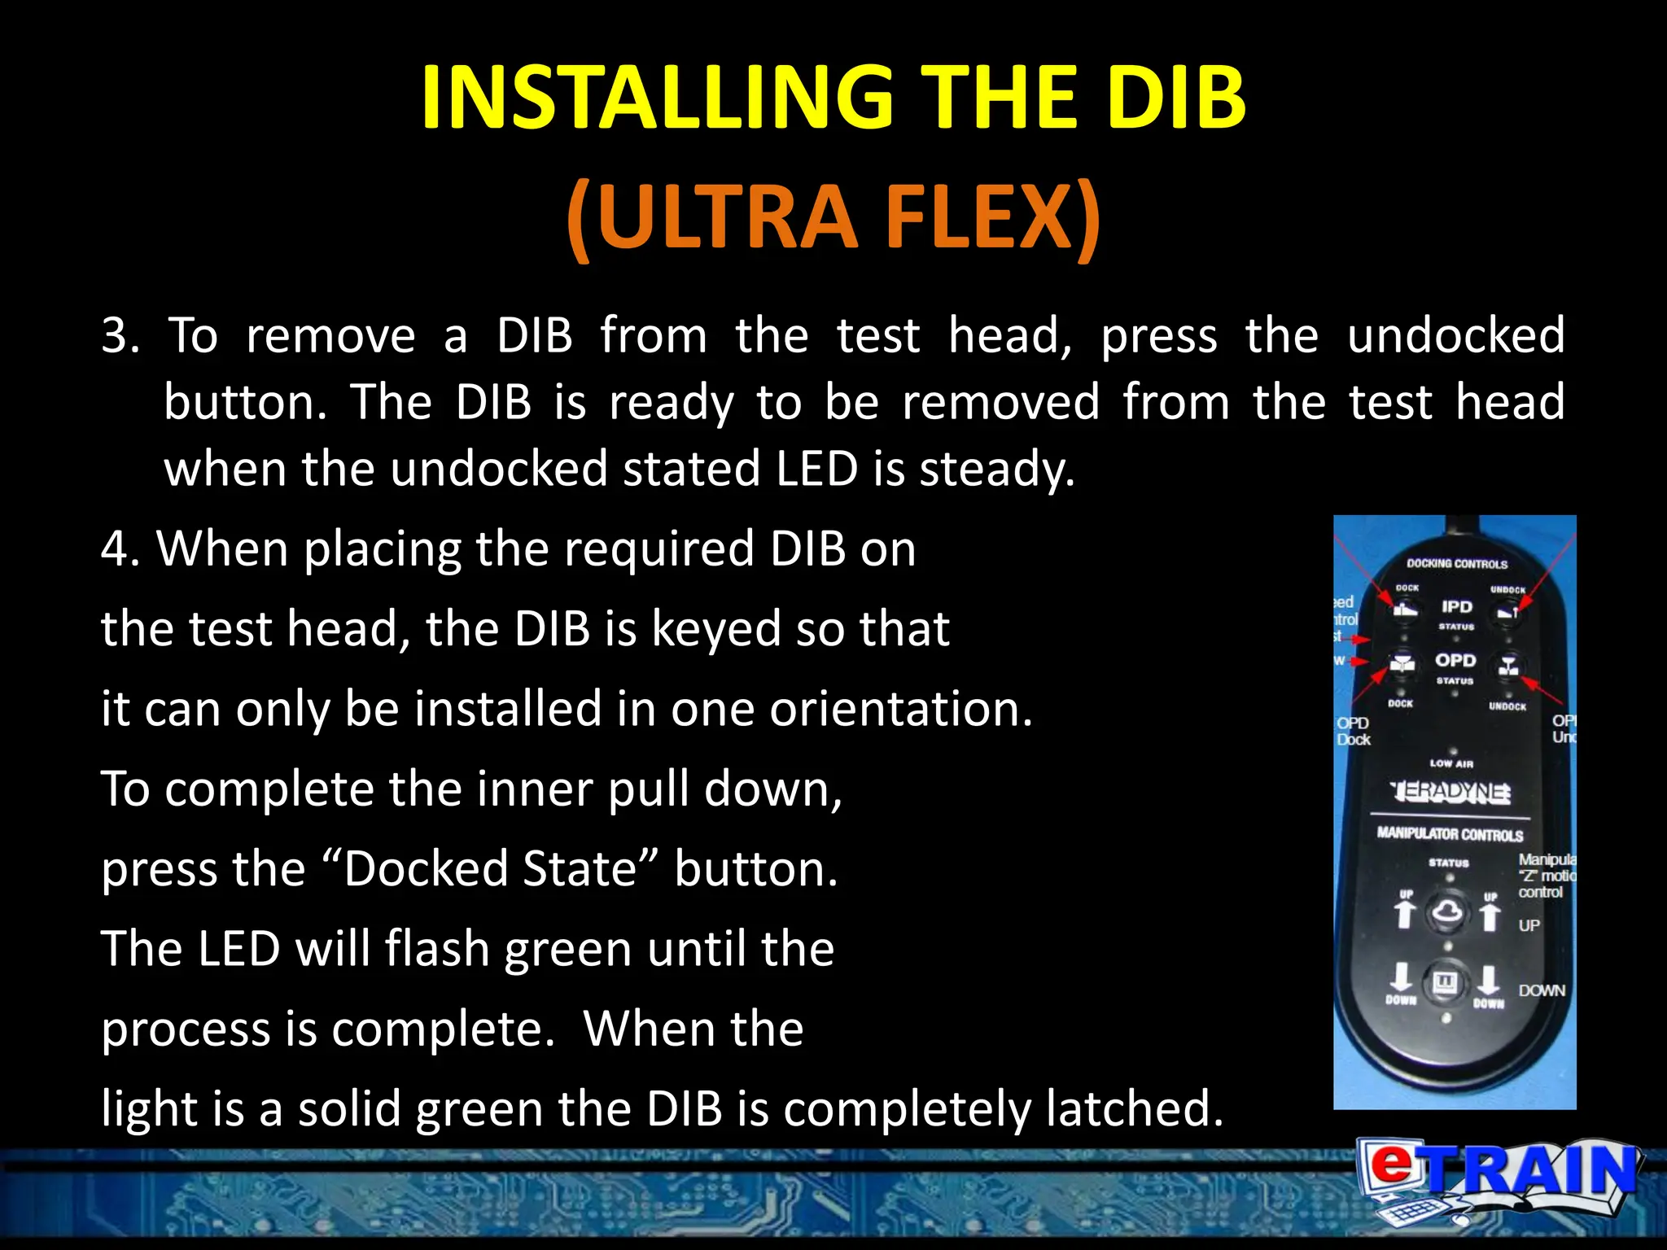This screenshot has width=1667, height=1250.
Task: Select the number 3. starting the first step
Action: tap(120, 335)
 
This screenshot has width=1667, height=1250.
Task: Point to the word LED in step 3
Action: tap(816, 470)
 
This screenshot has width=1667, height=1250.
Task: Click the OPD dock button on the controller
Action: tap(1401, 667)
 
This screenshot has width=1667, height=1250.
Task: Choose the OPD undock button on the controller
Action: tap(1508, 667)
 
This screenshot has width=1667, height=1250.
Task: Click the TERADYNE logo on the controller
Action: tap(1452, 791)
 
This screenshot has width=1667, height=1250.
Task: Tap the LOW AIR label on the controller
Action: tap(1451, 763)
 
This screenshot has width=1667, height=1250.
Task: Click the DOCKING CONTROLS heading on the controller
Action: tap(1457, 563)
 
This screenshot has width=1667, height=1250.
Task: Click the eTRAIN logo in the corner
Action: tap(1498, 1180)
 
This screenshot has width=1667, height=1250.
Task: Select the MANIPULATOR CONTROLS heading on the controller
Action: tap(1450, 834)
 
